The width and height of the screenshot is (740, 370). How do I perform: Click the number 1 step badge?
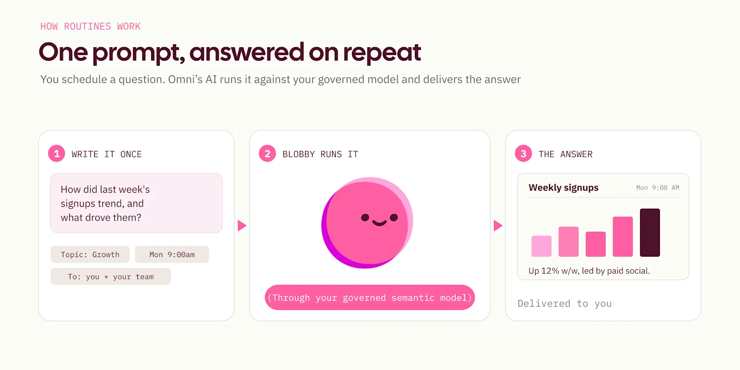pyautogui.click(x=56, y=154)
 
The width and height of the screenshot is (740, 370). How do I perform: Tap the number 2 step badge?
pyautogui.click(x=267, y=154)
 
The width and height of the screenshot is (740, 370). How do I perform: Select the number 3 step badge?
pyautogui.click(x=523, y=154)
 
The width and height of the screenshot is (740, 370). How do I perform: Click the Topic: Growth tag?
pyautogui.click(x=90, y=254)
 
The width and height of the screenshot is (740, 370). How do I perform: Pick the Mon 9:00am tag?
pyautogui.click(x=172, y=254)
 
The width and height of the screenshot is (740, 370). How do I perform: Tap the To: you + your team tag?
pyautogui.click(x=111, y=277)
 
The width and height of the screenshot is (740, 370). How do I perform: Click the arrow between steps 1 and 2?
pyautogui.click(x=242, y=226)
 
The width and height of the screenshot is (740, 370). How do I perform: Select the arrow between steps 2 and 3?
pyautogui.click(x=498, y=226)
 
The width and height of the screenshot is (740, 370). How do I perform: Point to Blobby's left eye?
pyautogui.click(x=365, y=217)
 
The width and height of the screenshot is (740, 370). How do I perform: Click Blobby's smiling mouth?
pyautogui.click(x=379, y=223)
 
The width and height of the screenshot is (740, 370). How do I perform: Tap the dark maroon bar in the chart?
pyautogui.click(x=650, y=233)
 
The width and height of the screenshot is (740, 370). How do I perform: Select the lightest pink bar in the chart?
pyautogui.click(x=542, y=246)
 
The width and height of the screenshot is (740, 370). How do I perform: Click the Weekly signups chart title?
pyautogui.click(x=563, y=188)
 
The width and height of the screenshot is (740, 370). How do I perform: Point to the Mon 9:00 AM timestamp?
pyautogui.click(x=658, y=188)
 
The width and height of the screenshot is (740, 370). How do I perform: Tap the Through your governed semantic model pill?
pyautogui.click(x=370, y=298)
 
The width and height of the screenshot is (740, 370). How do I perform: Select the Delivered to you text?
pyautogui.click(x=565, y=303)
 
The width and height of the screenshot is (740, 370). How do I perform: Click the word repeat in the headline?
pyautogui.click(x=382, y=53)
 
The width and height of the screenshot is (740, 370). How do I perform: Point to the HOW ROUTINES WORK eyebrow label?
pyautogui.click(x=90, y=26)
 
